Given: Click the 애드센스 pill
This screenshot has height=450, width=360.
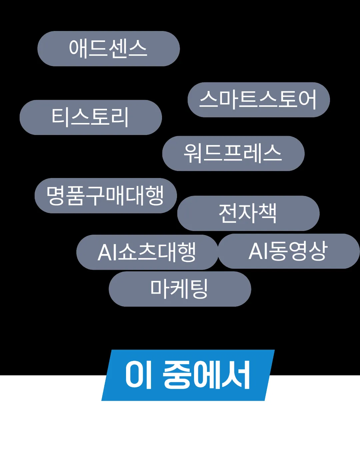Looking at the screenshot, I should [108, 49].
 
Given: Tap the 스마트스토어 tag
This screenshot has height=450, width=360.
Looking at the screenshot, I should [258, 100].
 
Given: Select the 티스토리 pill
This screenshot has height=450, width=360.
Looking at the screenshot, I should [90, 117].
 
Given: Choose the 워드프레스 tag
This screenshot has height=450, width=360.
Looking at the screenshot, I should [233, 153].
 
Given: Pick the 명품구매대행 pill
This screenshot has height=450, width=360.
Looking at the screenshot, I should [105, 196].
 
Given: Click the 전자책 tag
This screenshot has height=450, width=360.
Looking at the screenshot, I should [248, 213].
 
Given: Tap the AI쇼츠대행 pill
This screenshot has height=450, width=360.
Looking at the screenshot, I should [147, 252].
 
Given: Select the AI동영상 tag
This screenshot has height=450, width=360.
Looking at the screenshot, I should [288, 251].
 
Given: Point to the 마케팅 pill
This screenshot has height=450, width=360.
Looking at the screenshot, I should [180, 289].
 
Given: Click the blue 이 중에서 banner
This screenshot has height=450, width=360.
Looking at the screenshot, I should [188, 375].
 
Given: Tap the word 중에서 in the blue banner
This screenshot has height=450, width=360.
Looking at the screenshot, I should [207, 375].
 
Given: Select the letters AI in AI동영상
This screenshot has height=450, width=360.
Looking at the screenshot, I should [259, 251].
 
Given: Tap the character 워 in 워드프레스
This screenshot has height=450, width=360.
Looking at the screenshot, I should [193, 153].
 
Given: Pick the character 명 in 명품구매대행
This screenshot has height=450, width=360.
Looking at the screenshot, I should [56, 196].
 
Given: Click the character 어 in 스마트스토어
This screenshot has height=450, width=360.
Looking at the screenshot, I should [307, 100].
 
